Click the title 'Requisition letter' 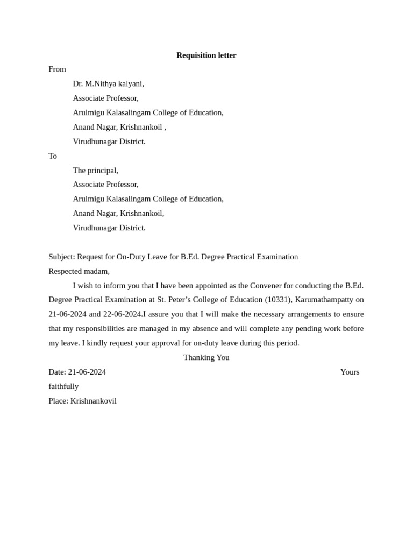pos(206,55)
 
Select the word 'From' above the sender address pos(57,69)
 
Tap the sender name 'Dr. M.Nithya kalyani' pos(108,84)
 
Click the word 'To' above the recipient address pos(53,156)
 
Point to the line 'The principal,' pos(95,171)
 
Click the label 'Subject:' pos(61,257)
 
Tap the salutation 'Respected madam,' pos(79,271)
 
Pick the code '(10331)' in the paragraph pos(278,300)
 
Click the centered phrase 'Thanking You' pos(206,358)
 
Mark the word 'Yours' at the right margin pos(350,372)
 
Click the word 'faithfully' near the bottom pos(63,386)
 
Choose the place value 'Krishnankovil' pos(93,401)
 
